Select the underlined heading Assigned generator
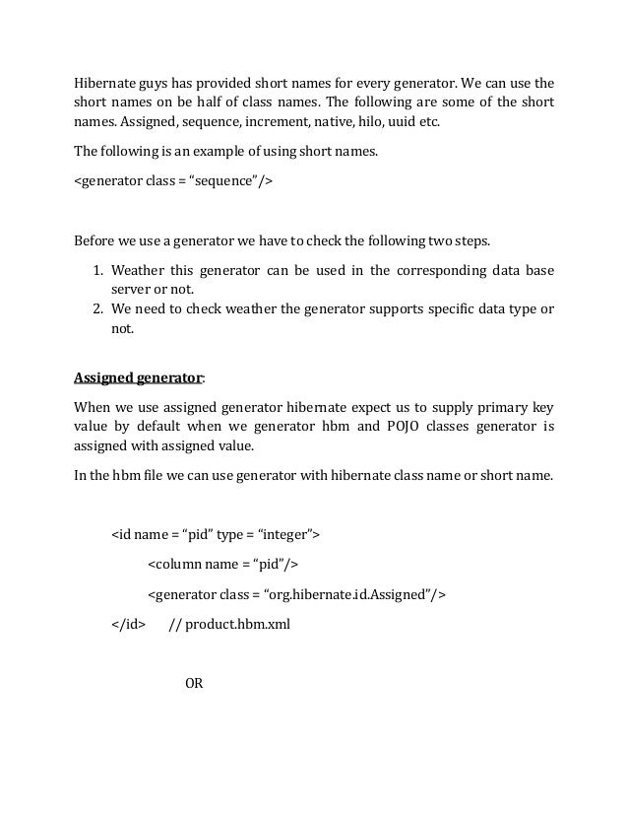point(138,377)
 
